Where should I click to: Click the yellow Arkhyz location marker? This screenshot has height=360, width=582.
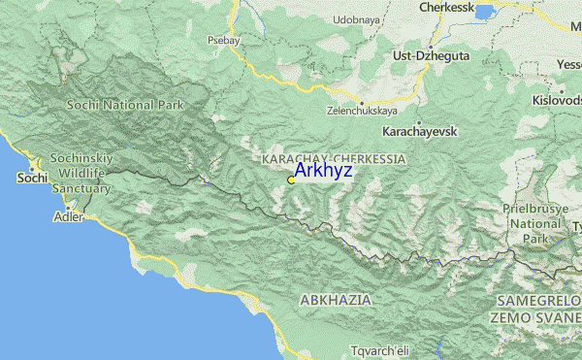[291, 180]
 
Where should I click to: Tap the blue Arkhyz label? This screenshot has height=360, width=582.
[324, 171]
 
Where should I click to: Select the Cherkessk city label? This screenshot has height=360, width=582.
[451, 8]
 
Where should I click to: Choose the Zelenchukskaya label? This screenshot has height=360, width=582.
[361, 111]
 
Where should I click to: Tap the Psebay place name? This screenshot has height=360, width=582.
[222, 41]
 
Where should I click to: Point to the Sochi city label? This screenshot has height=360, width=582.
[32, 179]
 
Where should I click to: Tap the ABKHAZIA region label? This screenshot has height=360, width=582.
[336, 301]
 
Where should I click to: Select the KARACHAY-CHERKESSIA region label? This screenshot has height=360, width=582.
[334, 156]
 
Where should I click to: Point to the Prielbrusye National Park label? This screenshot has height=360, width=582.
[534, 222]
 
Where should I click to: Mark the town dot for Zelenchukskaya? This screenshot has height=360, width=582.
[361, 102]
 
